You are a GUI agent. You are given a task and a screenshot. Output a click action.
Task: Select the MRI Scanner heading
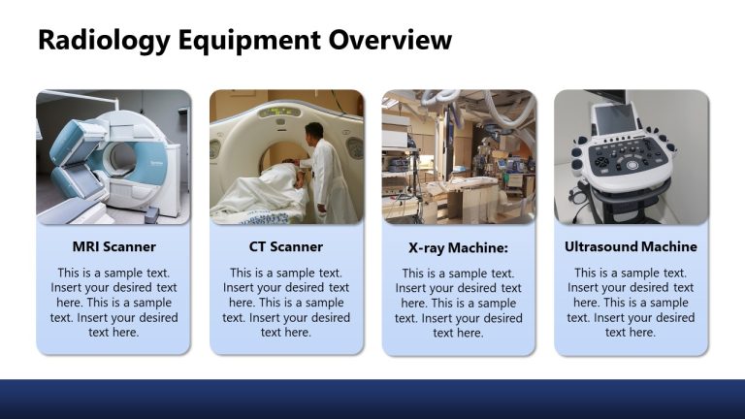(113, 246)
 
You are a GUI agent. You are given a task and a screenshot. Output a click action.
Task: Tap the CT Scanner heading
(286, 246)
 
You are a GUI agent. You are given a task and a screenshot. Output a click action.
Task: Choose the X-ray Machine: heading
(458, 248)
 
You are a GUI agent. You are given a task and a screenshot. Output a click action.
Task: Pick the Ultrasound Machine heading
(631, 246)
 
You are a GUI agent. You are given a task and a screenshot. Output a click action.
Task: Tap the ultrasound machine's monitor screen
(615, 118)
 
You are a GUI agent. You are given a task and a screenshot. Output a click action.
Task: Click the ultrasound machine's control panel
(621, 155)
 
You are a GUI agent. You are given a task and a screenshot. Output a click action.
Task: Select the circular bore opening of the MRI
(121, 155)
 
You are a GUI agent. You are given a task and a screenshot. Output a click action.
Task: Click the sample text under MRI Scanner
(113, 303)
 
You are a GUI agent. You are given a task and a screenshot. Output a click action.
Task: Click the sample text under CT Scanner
(286, 303)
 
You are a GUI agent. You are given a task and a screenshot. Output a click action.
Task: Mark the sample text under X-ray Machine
(458, 303)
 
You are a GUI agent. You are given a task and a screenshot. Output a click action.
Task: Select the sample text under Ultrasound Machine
(631, 303)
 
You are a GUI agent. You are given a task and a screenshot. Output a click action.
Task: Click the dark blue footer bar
(372, 399)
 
